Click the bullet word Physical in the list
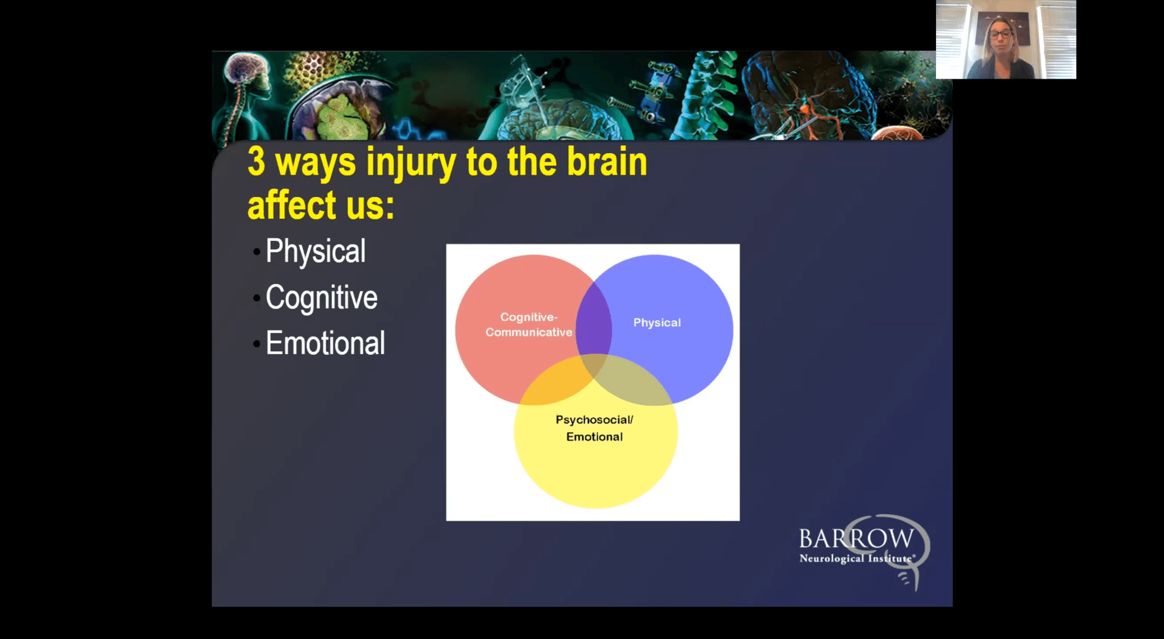pos(315,251)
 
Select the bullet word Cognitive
pos(321,298)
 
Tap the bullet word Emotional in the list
pos(325,343)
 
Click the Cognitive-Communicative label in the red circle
pos(529,324)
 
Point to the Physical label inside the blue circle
pos(657,323)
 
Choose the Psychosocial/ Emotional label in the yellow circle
pos(594,428)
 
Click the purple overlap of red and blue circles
pos(594,323)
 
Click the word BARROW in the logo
pos(856,539)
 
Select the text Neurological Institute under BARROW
pos(856,559)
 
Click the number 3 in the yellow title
pos(257,162)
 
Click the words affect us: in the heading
pos(321,205)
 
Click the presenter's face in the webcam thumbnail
pos(1001,33)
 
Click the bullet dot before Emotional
pos(257,344)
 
